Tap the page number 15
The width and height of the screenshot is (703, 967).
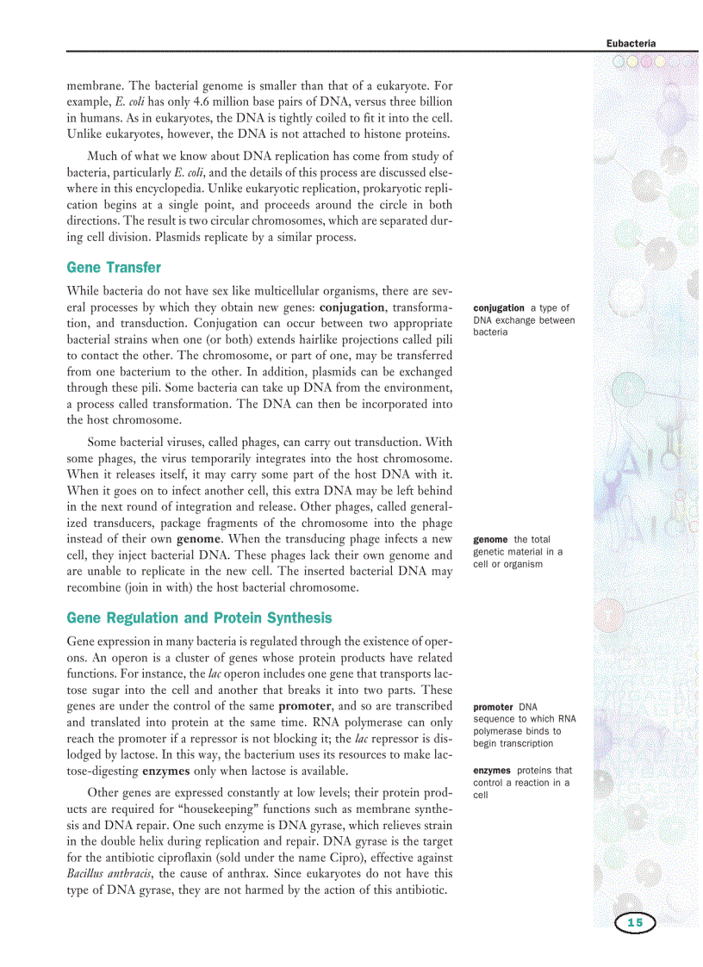(635, 923)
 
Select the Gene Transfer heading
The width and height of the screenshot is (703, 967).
(114, 268)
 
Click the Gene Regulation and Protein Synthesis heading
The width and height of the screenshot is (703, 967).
(199, 618)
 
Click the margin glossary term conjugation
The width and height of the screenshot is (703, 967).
(499, 307)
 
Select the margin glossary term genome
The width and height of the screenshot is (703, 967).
(490, 540)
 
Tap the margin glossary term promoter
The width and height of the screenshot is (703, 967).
(494, 707)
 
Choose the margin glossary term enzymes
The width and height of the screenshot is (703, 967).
(492, 770)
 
